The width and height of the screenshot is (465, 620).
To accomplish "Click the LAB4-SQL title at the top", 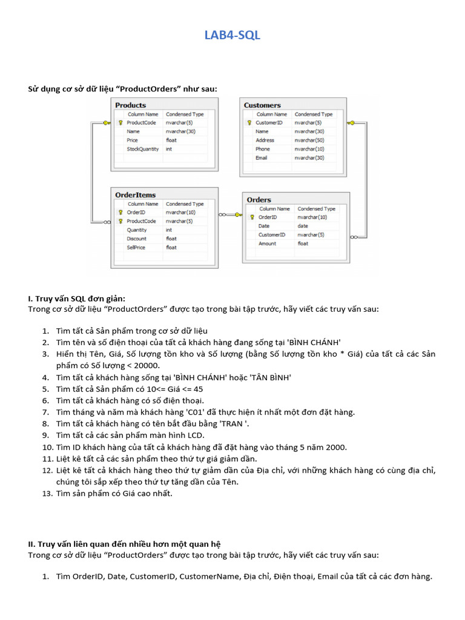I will (x=232, y=35).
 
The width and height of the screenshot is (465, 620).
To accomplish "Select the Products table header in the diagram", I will (x=130, y=105).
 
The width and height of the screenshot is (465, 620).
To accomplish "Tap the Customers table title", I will (x=262, y=105).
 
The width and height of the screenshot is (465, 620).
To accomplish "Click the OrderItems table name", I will (x=135, y=195).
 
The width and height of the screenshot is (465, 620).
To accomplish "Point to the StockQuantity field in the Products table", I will (x=142, y=149).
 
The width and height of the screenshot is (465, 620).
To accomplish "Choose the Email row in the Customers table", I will (x=261, y=158).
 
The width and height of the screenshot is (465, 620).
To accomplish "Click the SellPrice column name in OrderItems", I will (x=136, y=248).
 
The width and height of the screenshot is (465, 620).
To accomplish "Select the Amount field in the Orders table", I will (x=267, y=243).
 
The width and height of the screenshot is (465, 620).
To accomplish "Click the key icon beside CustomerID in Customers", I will (x=249, y=123).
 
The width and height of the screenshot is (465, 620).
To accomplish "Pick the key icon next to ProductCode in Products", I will (x=120, y=123).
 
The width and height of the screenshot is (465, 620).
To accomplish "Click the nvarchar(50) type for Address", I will (x=309, y=140).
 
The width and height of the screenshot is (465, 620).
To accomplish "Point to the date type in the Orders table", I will (x=302, y=226).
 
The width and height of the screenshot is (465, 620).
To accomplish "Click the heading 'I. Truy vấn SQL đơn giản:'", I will (x=77, y=298).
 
